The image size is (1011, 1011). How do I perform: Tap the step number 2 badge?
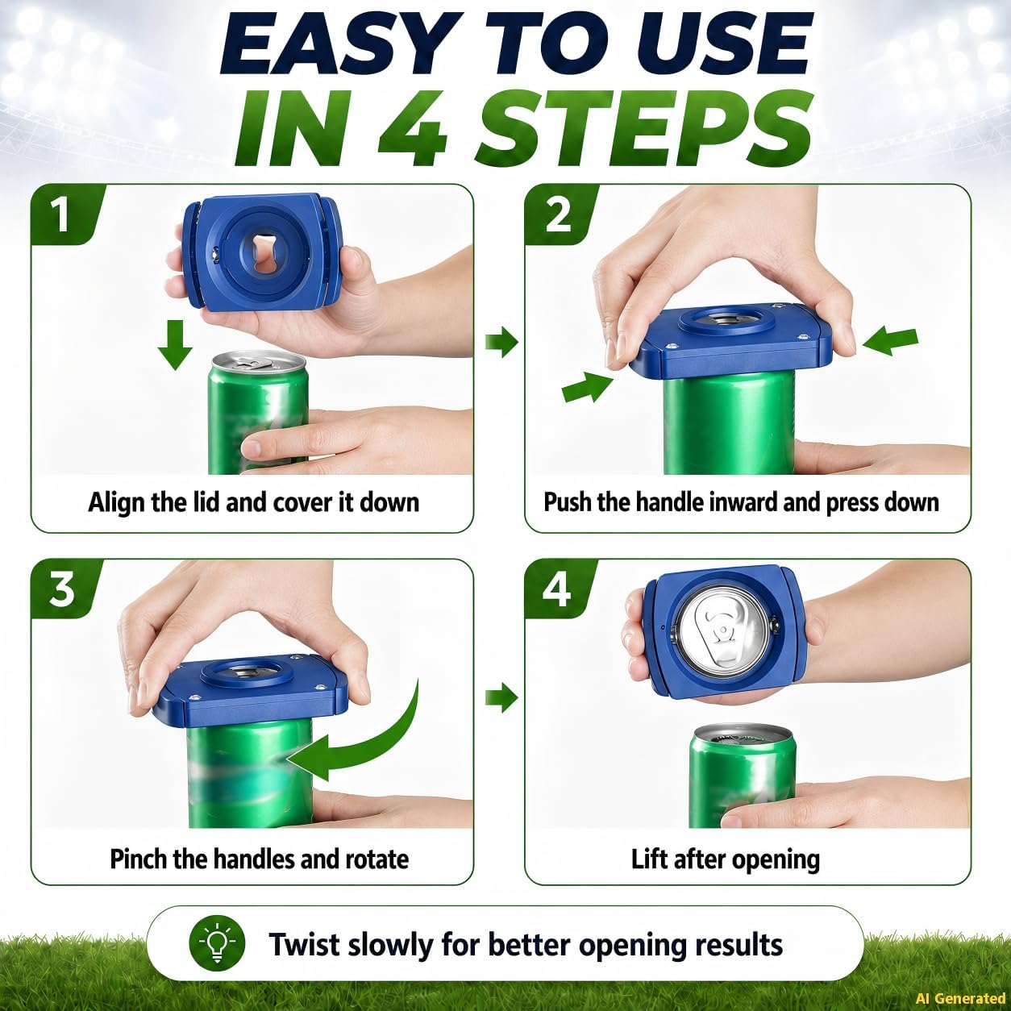557,214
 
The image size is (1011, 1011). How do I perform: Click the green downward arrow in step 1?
175,345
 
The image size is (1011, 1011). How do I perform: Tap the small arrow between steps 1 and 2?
501,342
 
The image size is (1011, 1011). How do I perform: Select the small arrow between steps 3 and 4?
501,698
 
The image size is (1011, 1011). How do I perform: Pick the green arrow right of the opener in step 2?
890,340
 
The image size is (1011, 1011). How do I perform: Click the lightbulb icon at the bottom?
217,944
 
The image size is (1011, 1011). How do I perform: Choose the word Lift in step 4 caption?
650,859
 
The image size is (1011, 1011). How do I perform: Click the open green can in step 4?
742,776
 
